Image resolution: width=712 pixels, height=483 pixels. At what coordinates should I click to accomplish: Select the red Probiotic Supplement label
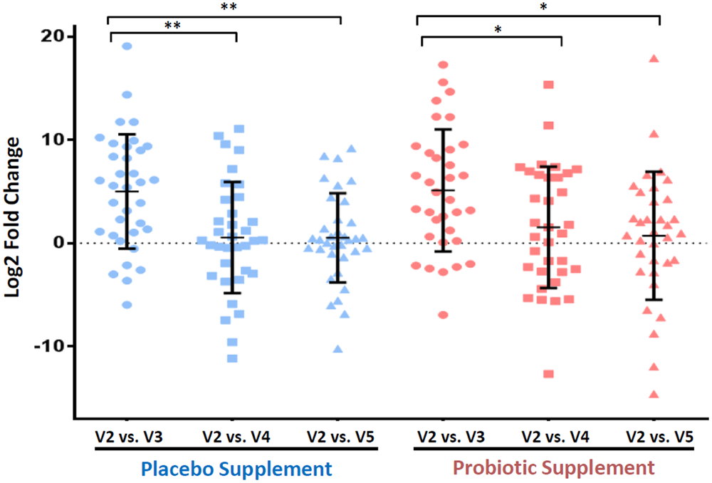tap(554, 468)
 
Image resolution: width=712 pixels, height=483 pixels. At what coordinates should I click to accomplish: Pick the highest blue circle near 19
tap(127, 46)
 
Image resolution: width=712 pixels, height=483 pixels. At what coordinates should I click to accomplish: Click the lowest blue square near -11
tap(232, 358)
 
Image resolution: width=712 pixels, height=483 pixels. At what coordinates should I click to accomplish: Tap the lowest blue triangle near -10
tap(337, 349)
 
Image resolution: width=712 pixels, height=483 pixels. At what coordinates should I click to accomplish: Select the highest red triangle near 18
tap(654, 58)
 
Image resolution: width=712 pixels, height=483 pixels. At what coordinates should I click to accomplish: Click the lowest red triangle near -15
tap(654, 394)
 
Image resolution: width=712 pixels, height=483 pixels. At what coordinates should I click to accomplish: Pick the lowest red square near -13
tap(548, 374)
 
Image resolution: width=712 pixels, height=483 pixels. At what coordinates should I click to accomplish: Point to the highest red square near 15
tap(548, 85)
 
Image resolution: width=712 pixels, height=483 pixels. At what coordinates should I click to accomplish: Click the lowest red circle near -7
tap(443, 315)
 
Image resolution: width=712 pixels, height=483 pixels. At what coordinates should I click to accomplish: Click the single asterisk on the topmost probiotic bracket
tap(543, 8)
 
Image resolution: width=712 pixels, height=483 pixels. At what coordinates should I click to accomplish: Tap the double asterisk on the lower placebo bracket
tap(172, 26)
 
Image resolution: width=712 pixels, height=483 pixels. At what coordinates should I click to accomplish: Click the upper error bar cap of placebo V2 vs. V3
tap(127, 134)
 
